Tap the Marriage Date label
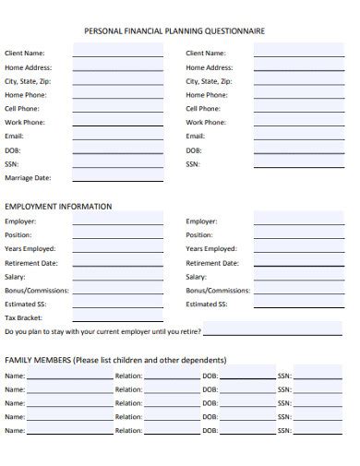[x=28, y=178]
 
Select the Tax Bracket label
[x=24, y=317]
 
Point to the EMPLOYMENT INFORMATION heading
[x=58, y=206]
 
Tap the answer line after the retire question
[x=273, y=331]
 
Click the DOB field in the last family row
[x=247, y=431]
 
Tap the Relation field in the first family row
[x=172, y=376]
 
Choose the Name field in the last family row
[x=69, y=431]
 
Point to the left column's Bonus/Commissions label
[x=36, y=290]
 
